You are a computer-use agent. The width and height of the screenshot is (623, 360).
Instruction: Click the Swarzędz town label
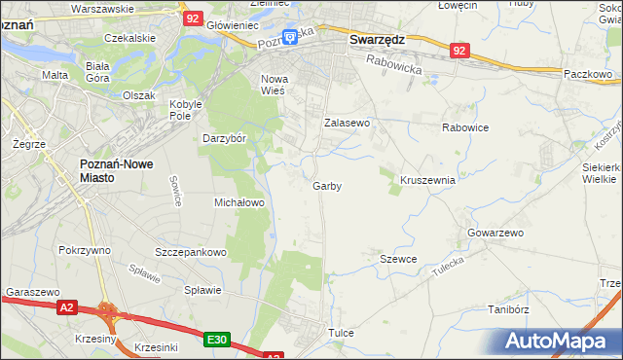377,40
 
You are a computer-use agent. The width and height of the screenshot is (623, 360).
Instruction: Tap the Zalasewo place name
348,124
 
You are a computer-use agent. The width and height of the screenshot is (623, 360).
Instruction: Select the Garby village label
327,186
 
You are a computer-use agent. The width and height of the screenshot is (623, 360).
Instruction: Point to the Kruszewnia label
428,180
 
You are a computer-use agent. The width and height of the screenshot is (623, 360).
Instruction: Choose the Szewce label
398,259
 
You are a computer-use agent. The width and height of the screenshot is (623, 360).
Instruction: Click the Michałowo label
239,202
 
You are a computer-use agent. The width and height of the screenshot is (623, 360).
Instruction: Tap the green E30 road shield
217,339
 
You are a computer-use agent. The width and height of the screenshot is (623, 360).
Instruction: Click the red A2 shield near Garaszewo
66,307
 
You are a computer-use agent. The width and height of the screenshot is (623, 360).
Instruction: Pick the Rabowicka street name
394,65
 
